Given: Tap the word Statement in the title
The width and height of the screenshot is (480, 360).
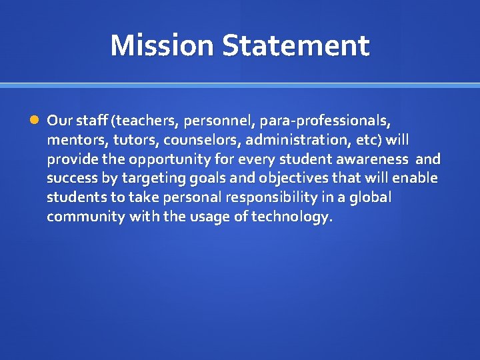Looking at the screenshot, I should [296, 45].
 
